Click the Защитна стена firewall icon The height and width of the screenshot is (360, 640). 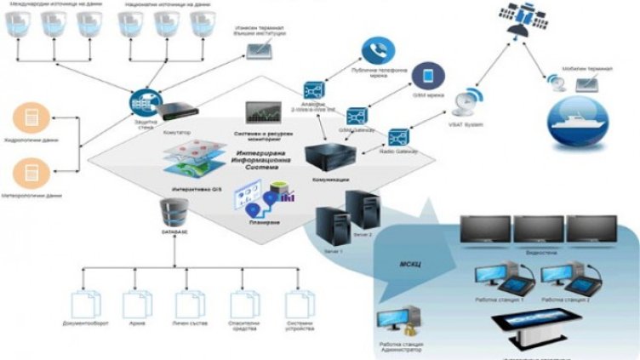point(141,102)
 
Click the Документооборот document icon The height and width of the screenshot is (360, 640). point(83,305)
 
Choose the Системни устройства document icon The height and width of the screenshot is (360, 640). point(296,305)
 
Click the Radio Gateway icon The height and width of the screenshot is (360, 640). point(397,137)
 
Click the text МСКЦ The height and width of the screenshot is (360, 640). point(410,264)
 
